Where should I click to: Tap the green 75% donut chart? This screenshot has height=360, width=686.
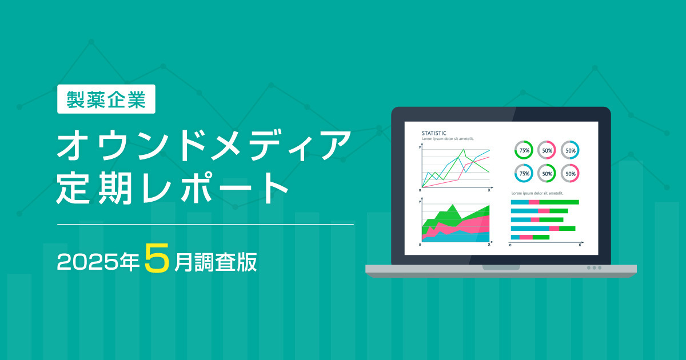pyautogui.click(x=524, y=150)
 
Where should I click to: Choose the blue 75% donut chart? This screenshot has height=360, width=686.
pyautogui.click(x=524, y=173)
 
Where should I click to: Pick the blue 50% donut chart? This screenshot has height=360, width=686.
pyautogui.click(x=569, y=150)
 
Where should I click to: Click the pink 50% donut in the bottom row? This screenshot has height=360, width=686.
pyautogui.click(x=569, y=173)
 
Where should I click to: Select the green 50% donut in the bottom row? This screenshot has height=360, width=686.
pyautogui.click(x=547, y=173)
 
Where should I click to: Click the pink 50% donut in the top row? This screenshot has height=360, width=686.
pyautogui.click(x=547, y=150)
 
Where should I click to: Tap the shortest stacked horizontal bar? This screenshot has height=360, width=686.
pyautogui.click(x=530, y=237)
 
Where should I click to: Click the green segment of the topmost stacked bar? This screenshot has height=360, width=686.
pyautogui.click(x=559, y=202)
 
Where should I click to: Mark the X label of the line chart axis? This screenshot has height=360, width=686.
pyautogui.click(x=489, y=189)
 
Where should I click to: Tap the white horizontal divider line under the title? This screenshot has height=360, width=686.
pyautogui.click(x=206, y=225)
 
